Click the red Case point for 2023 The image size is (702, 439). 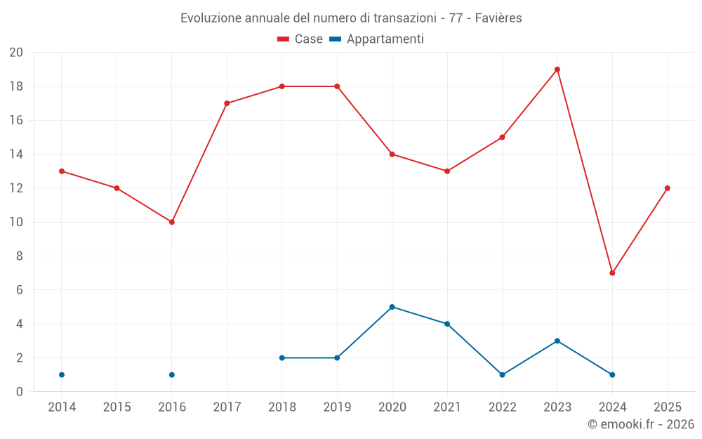557,70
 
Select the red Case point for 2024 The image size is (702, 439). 612,273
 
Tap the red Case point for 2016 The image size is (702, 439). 172,222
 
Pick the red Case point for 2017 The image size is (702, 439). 227,103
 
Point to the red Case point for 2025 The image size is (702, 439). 667,188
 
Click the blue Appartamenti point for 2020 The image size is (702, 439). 392,307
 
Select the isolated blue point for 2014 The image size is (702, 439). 62,375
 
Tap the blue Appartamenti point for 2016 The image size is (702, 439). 172,375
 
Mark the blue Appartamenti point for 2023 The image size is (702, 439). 557,341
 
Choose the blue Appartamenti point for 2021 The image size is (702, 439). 447,324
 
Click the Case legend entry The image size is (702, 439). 300,39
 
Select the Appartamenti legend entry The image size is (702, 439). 377,39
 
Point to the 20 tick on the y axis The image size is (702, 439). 16,53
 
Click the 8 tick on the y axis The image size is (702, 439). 20,256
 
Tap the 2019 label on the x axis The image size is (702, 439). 337,407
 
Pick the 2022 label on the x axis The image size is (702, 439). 502,407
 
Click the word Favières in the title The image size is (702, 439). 498,18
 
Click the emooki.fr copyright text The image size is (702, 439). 641,424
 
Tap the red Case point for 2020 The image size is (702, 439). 392,155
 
